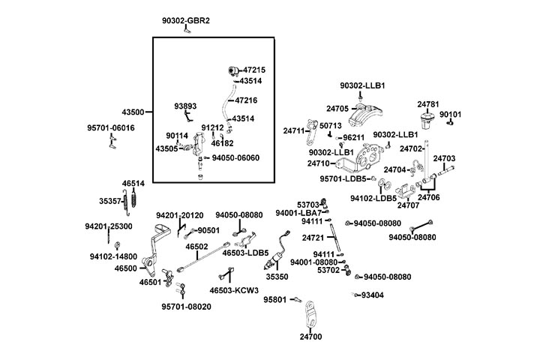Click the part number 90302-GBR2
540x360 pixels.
(x=186, y=20)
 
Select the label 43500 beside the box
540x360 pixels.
(x=133, y=112)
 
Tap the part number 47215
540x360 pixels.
(x=254, y=70)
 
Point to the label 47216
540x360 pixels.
(x=246, y=99)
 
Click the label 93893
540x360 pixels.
(x=186, y=106)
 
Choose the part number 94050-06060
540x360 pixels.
(x=235, y=157)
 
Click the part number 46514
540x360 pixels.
(x=134, y=183)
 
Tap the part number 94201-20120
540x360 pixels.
(x=179, y=215)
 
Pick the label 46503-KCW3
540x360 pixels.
(x=234, y=290)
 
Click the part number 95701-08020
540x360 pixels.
(x=186, y=307)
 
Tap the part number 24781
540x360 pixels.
(x=427, y=103)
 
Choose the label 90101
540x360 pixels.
(x=451, y=115)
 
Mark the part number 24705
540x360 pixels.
(x=337, y=108)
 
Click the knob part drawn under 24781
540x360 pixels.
(x=428, y=118)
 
